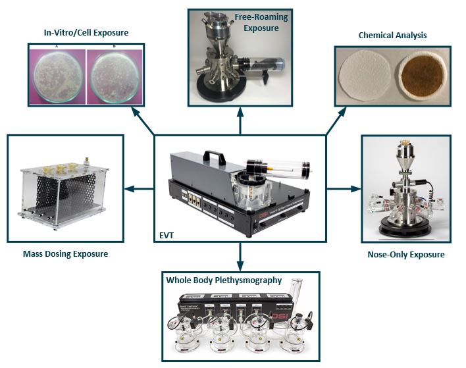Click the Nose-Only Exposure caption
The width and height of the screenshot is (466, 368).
pyautogui.click(x=405, y=254)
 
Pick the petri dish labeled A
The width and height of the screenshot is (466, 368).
pyautogui.click(x=57, y=74)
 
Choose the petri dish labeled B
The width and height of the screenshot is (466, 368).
pyautogui.click(x=116, y=74)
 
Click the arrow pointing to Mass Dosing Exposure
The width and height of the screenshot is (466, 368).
pyautogui.click(x=140, y=189)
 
